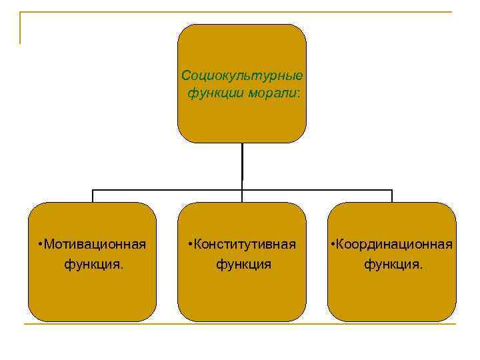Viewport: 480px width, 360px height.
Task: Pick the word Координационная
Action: (396, 243)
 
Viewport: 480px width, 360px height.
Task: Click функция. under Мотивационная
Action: (93, 264)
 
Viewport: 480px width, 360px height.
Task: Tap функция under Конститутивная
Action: (243, 264)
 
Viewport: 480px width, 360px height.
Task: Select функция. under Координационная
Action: (393, 264)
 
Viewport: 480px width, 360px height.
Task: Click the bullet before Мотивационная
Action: (41, 244)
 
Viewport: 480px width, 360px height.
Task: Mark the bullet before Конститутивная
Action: (191, 244)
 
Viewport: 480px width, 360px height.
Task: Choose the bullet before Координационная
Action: (333, 244)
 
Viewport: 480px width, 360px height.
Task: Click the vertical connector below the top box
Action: (242, 163)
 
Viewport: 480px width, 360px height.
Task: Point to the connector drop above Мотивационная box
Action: (93, 196)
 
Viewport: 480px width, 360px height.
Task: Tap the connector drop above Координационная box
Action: (392, 196)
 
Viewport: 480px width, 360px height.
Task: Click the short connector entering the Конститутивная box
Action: (242, 196)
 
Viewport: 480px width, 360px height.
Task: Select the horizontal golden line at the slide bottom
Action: (240, 324)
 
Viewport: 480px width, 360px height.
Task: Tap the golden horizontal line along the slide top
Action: (240, 12)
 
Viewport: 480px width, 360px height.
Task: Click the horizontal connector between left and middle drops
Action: (167, 190)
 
